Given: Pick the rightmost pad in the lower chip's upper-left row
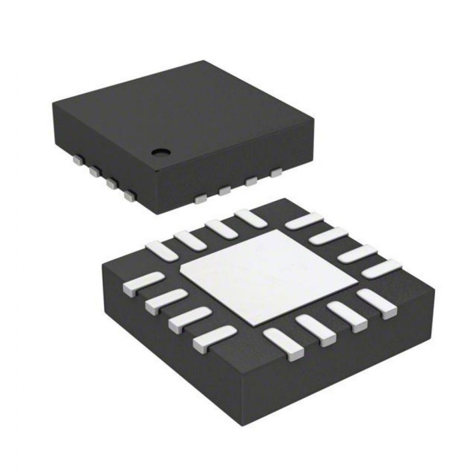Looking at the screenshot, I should [x=251, y=218].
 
